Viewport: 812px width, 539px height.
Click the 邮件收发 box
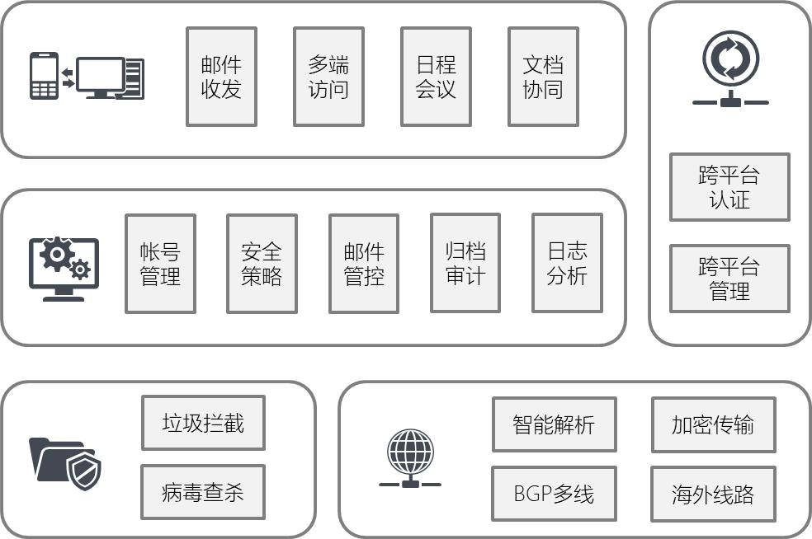click(x=221, y=77)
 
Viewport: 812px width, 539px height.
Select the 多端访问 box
click(x=328, y=77)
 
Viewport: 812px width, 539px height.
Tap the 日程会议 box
click(x=436, y=77)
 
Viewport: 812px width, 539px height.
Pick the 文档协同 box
click(x=543, y=77)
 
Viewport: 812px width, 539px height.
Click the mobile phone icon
click(x=44, y=77)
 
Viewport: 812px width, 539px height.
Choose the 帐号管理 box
click(x=160, y=264)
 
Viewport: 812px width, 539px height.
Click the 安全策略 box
click(x=262, y=264)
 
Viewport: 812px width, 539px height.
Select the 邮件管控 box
click(x=364, y=264)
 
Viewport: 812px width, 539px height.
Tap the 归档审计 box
click(x=465, y=263)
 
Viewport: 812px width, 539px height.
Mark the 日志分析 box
click(x=567, y=263)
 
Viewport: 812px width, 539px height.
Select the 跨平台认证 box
click(x=729, y=187)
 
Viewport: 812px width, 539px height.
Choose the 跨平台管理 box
click(x=729, y=279)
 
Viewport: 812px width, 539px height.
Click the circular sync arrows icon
click(x=730, y=60)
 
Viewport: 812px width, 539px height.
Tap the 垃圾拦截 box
click(x=203, y=423)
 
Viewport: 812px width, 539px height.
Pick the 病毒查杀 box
click(x=203, y=492)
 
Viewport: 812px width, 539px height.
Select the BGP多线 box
click(x=554, y=494)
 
